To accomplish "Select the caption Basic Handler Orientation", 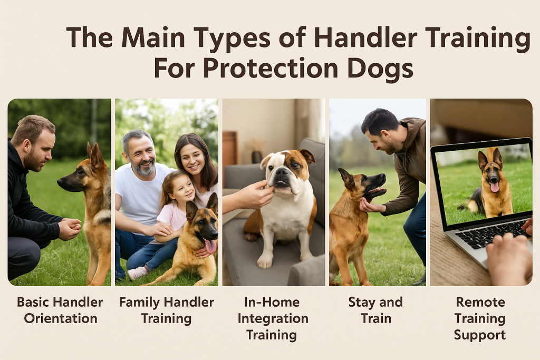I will tap(60, 310).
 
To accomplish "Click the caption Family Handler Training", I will tap(166, 310).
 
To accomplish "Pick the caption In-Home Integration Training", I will tap(273, 318).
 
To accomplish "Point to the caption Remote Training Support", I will tap(480, 318).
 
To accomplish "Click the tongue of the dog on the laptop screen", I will tap(494, 187).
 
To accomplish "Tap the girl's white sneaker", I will tap(138, 272).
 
